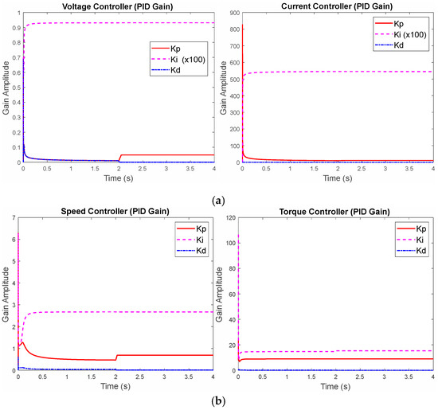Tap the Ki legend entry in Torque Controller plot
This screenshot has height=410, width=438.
coord(398,240)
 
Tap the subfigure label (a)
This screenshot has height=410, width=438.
coord(219,189)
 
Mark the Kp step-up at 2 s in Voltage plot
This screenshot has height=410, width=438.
coord(119,157)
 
